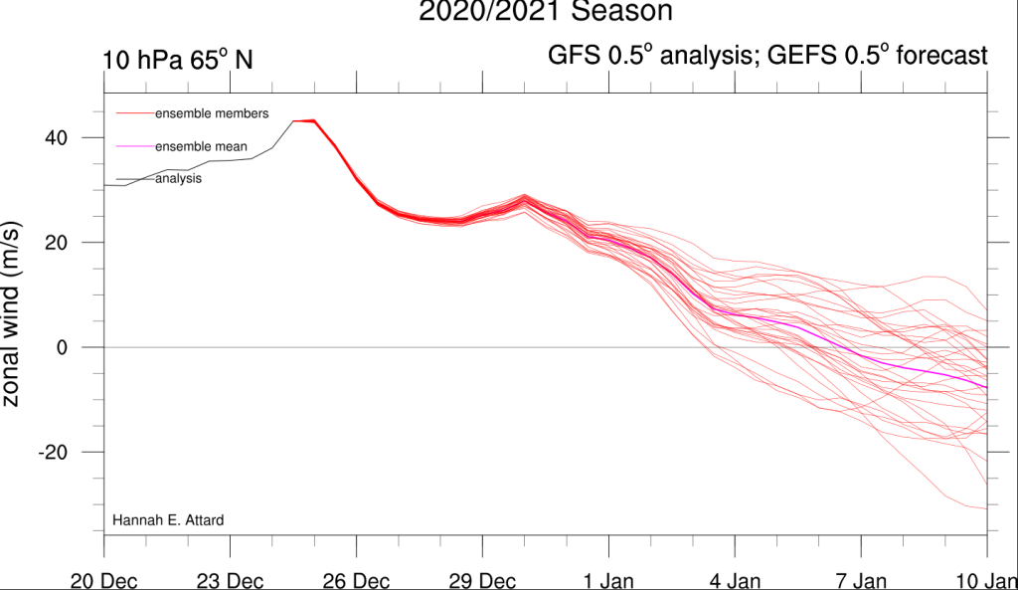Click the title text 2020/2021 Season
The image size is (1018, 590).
click(x=546, y=11)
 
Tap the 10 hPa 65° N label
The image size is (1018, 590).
click(x=177, y=60)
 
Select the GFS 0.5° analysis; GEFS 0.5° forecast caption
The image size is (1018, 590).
click(x=767, y=56)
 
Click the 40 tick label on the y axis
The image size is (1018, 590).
click(x=56, y=137)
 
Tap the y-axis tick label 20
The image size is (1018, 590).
click(x=56, y=243)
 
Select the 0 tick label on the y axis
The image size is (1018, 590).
click(x=62, y=347)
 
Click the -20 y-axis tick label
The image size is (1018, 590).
click(x=53, y=453)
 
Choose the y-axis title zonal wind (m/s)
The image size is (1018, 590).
click(x=11, y=314)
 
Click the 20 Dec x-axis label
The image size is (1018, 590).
click(x=103, y=580)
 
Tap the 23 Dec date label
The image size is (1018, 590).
click(x=230, y=580)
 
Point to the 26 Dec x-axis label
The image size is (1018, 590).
click(x=356, y=580)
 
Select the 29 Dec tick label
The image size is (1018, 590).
click(x=482, y=580)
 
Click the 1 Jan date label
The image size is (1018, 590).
click(x=608, y=580)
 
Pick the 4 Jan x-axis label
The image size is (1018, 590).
click(x=735, y=580)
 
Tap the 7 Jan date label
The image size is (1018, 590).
click(x=861, y=580)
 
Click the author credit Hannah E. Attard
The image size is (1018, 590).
click(x=168, y=520)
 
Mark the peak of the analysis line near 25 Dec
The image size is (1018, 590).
click(x=293, y=120)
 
